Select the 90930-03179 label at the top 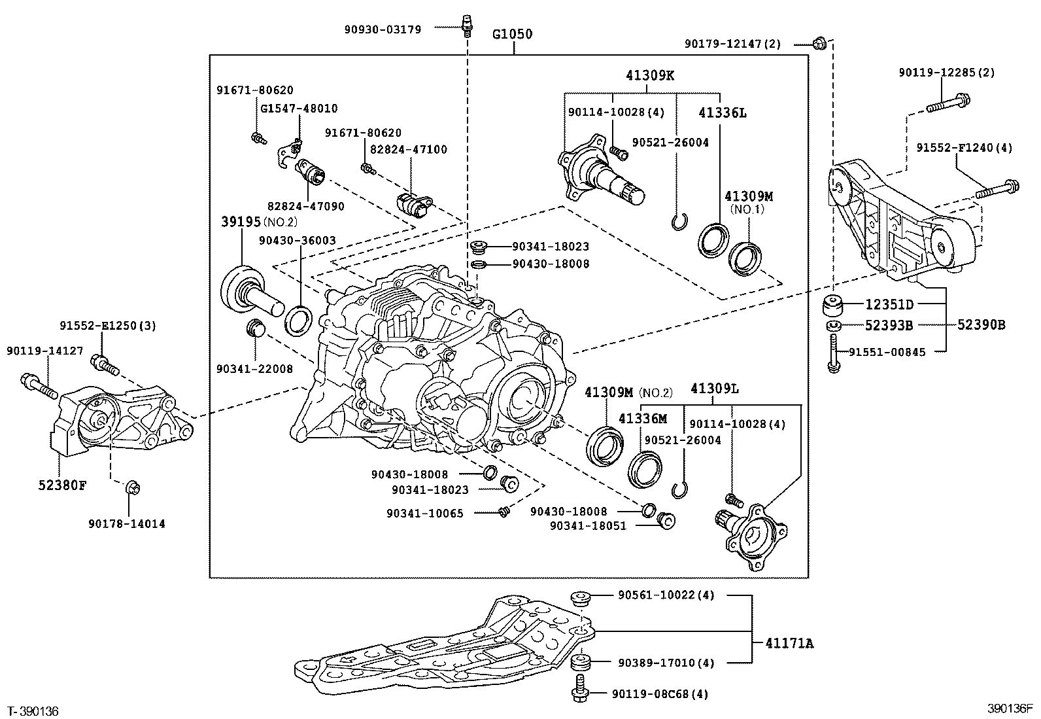pyautogui.click(x=383, y=29)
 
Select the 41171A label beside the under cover pyautogui.click(x=789, y=644)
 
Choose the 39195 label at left pyautogui.click(x=241, y=222)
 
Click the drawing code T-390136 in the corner pyautogui.click(x=33, y=710)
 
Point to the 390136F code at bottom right pyautogui.click(x=1010, y=709)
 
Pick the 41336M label pyautogui.click(x=643, y=419)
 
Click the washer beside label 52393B pyautogui.click(x=832, y=326)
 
